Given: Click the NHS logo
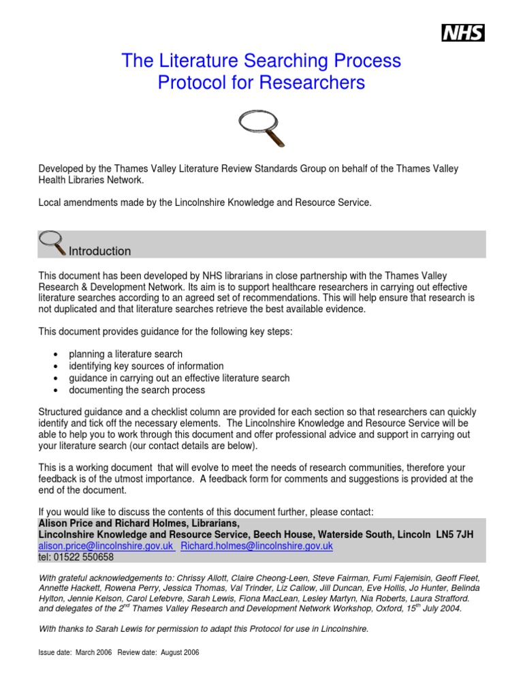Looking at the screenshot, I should pos(463,32).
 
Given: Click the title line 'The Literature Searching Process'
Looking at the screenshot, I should pos(261,61).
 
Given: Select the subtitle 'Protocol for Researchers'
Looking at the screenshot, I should pos(261,83).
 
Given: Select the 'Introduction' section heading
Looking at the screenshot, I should pos(99,251).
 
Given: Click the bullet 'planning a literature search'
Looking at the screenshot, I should pos(125,354).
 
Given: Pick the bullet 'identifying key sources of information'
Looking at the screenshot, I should pos(146,366).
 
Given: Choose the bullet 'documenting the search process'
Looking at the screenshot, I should pos(136,391).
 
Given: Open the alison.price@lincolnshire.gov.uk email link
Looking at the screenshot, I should pos(106,546).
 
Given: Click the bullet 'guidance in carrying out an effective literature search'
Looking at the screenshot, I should pos(179,378).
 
